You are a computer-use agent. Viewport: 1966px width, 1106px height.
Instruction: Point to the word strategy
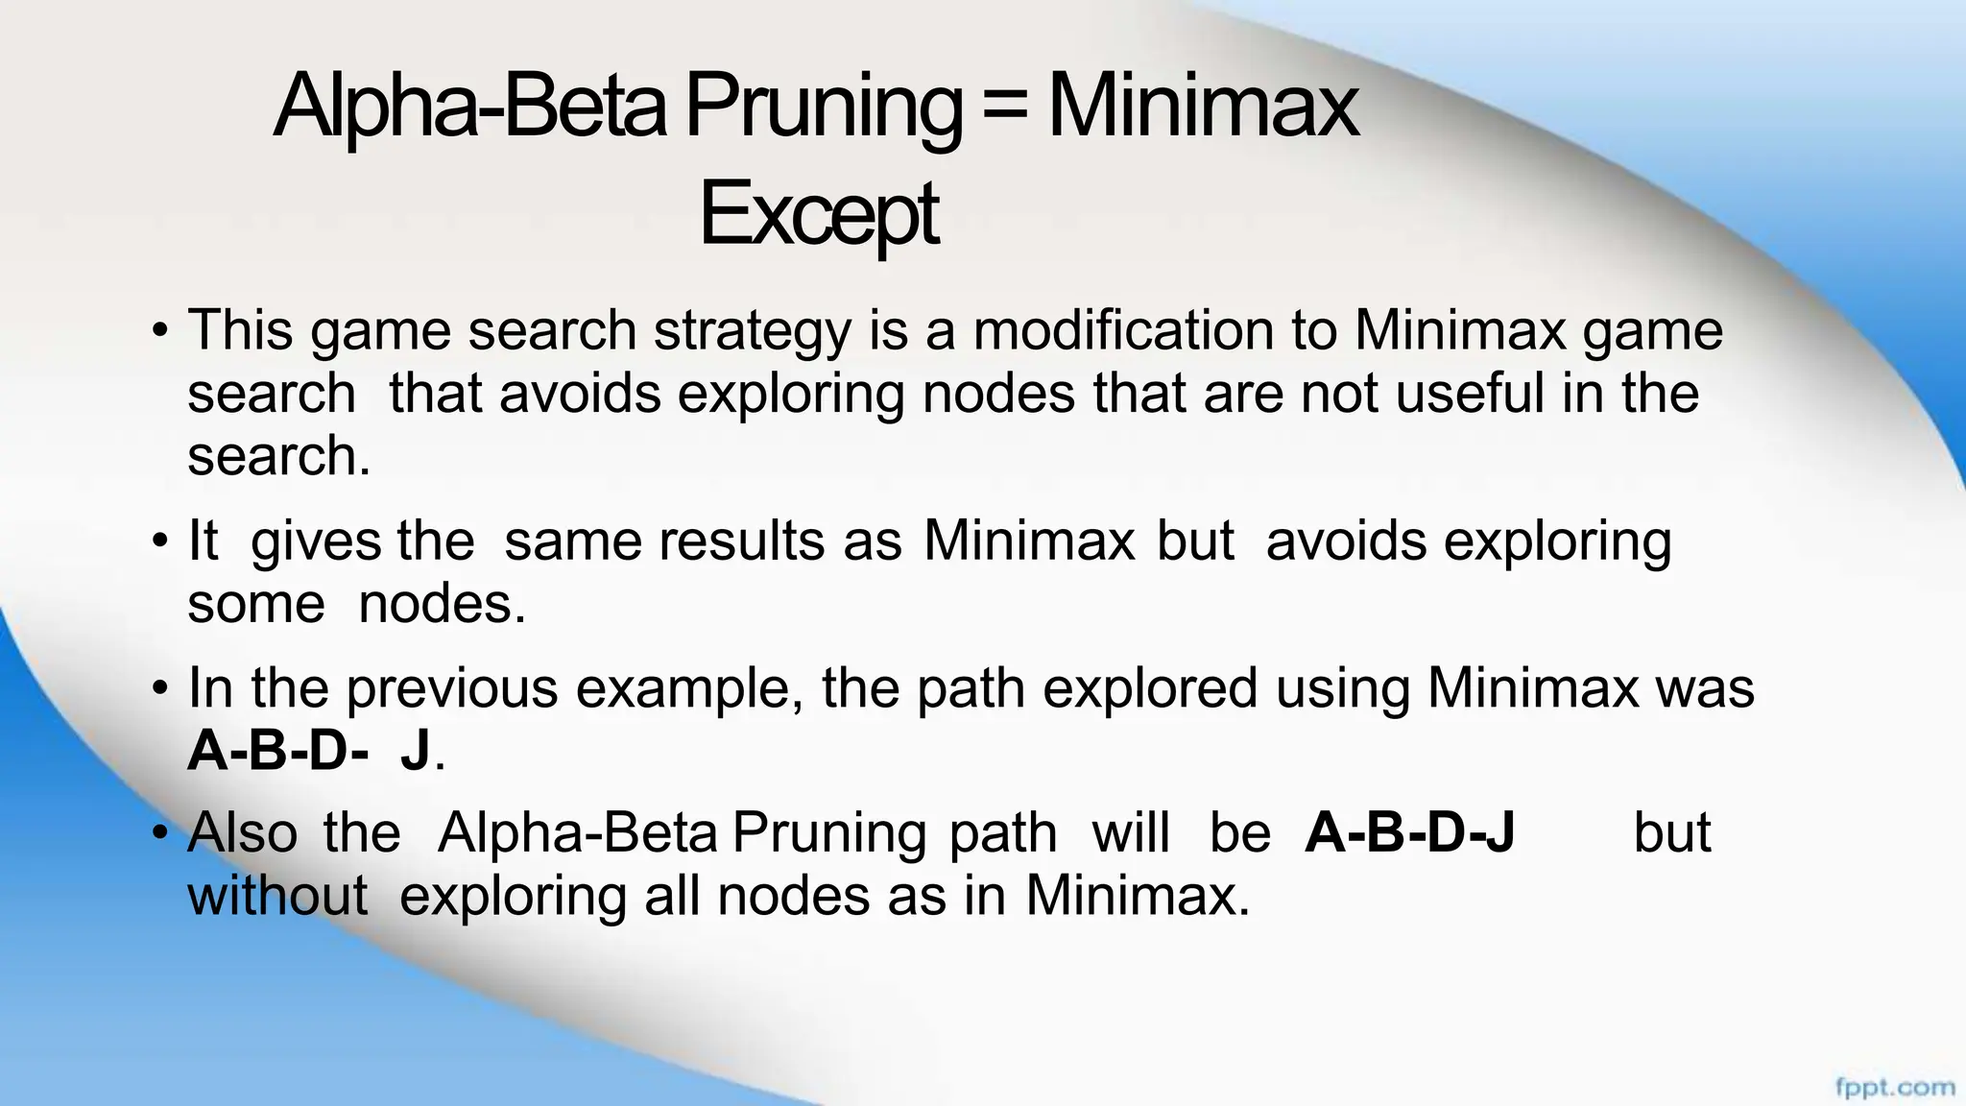tap(753, 332)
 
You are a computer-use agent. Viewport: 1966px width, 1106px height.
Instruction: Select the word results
tap(741, 541)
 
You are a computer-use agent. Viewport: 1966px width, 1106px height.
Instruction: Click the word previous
tap(452, 689)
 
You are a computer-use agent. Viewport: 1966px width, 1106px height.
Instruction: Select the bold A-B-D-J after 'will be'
tap(1409, 832)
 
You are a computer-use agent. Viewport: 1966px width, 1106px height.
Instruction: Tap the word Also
tap(243, 832)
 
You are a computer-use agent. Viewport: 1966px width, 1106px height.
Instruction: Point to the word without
tap(277, 895)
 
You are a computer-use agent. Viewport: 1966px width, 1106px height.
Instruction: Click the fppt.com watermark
tap(1894, 1088)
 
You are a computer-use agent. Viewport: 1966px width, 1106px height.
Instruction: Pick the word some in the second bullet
tap(256, 605)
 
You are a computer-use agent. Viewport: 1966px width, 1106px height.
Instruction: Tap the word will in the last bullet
tap(1131, 832)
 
